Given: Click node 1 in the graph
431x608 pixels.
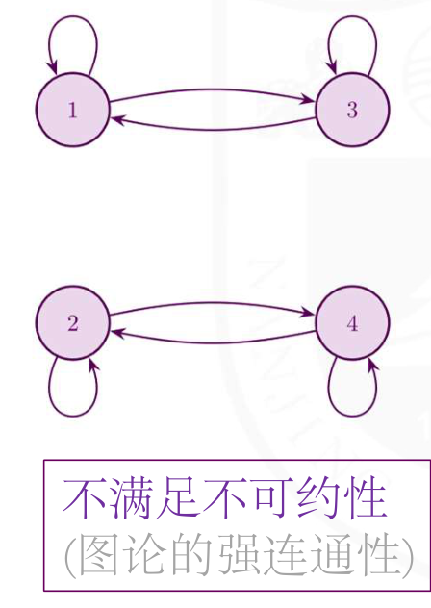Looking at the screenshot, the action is pos(73,110).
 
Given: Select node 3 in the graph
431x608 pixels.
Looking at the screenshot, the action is pos(352,110).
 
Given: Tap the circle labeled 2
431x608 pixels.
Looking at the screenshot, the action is pos(73,322).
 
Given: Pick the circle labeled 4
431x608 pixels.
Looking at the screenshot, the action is pos(352,322).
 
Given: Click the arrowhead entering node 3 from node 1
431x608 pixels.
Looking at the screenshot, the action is pos(310,100).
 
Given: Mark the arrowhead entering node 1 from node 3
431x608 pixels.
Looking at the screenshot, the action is pos(117,119).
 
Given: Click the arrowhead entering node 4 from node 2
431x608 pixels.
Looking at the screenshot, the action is pos(310,313).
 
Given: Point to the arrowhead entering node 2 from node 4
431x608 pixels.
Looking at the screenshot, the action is pos(117,332).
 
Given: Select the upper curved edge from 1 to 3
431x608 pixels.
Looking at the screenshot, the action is pos(213,90).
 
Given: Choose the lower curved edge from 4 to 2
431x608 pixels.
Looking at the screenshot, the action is pos(213,342).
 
